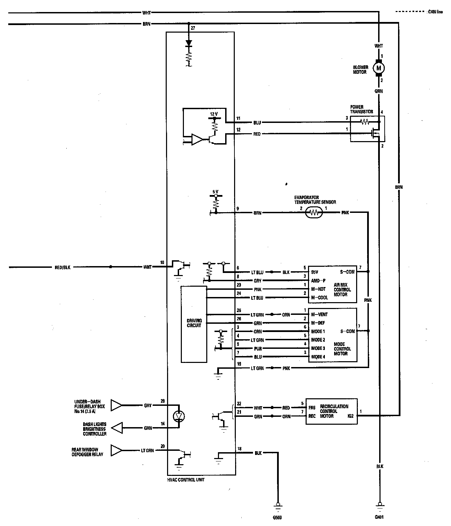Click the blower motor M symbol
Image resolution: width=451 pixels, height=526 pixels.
pos(379,68)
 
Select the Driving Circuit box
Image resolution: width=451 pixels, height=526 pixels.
pos(194,323)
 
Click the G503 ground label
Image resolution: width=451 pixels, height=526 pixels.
pos(277,517)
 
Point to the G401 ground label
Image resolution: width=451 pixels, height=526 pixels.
pos(379,517)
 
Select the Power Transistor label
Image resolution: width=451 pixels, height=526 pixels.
pos(361,109)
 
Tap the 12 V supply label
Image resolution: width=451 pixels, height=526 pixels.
pos(214,114)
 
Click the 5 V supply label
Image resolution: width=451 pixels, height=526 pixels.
pos(215,192)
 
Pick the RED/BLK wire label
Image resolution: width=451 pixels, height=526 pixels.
pos(63,267)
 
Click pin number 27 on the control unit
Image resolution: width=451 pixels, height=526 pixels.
pos(192,28)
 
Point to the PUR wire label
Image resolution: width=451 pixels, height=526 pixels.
pos(257,348)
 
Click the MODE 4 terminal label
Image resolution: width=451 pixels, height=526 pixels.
pos(318,357)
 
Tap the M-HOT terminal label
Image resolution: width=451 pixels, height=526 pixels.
pos(318,289)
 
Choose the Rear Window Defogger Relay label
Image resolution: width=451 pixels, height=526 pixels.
pos(85,452)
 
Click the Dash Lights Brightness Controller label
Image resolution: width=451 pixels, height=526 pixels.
pos(94,429)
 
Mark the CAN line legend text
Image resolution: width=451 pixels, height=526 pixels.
pos(435,12)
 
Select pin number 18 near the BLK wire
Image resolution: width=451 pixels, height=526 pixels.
pos(239,449)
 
